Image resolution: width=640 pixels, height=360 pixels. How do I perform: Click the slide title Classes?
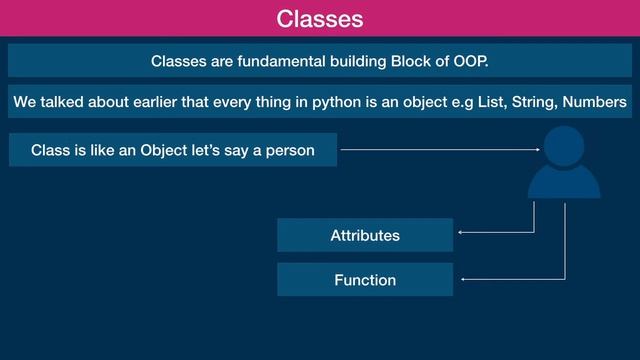(x=319, y=18)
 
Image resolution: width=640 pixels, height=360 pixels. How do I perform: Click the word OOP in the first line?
(x=467, y=62)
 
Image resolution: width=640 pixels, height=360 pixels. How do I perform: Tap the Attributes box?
(x=364, y=236)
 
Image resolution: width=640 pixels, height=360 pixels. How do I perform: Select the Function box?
(x=364, y=280)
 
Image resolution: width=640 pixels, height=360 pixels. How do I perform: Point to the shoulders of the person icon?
(x=564, y=184)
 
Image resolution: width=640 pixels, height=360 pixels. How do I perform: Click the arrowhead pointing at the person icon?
(x=536, y=151)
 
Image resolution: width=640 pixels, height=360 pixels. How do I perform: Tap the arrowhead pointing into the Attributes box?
(x=460, y=234)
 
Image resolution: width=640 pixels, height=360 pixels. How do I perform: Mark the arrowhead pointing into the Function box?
(x=464, y=279)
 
